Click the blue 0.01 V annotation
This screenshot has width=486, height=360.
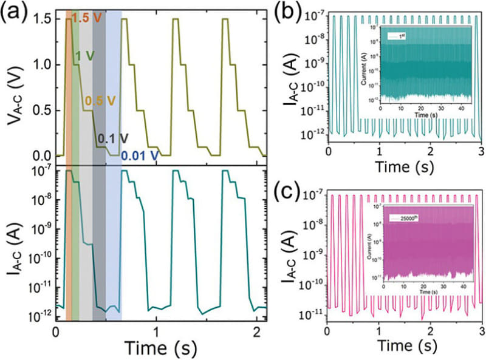pyautogui.click(x=140, y=155)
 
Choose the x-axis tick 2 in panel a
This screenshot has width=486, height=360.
pyautogui.click(x=258, y=331)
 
